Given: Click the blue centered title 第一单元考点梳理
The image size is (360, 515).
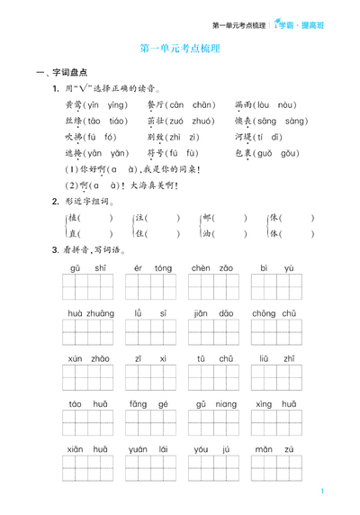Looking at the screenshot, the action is click(x=181, y=50).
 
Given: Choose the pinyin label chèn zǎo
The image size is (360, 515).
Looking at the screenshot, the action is click(x=212, y=268).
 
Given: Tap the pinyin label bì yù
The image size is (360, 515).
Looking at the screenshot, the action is click(x=275, y=268).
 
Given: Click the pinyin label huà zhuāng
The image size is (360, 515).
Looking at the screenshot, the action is click(x=87, y=313).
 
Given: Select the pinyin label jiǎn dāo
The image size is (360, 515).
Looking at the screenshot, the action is click(x=212, y=313).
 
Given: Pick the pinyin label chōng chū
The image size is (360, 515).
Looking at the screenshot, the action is click(x=275, y=313).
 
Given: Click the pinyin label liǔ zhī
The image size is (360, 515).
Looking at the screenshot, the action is click(x=275, y=358).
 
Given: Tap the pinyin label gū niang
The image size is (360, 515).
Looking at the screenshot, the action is click(x=212, y=404).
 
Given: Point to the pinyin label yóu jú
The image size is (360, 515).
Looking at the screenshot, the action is click(x=212, y=449).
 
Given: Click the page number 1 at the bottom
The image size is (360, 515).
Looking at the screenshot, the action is click(x=321, y=492).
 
